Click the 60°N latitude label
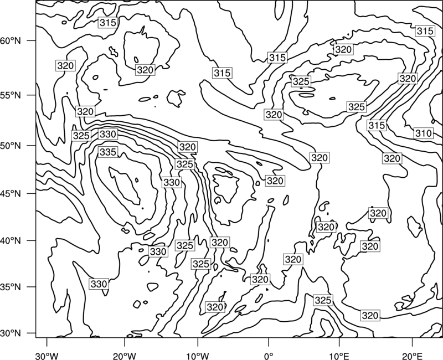pyautogui.click(x=11, y=41)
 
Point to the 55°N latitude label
pyautogui.click(x=11, y=95)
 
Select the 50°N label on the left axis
pyautogui.click(x=11, y=146)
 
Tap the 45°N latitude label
pyautogui.click(x=11, y=193)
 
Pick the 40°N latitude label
pyautogui.click(x=11, y=241)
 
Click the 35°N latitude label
pyautogui.click(x=11, y=287)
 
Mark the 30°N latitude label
pyautogui.click(x=11, y=333)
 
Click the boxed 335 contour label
pyautogui.click(x=108, y=152)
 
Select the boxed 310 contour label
pyautogui.click(x=424, y=133)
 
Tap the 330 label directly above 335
pyautogui.click(x=108, y=134)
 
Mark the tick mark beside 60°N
pyautogui.click(x=32, y=40)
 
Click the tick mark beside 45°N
pyautogui.click(x=32, y=193)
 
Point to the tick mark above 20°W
pyautogui.click(x=124, y=342)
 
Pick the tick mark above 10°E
pyautogui.click(x=339, y=342)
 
